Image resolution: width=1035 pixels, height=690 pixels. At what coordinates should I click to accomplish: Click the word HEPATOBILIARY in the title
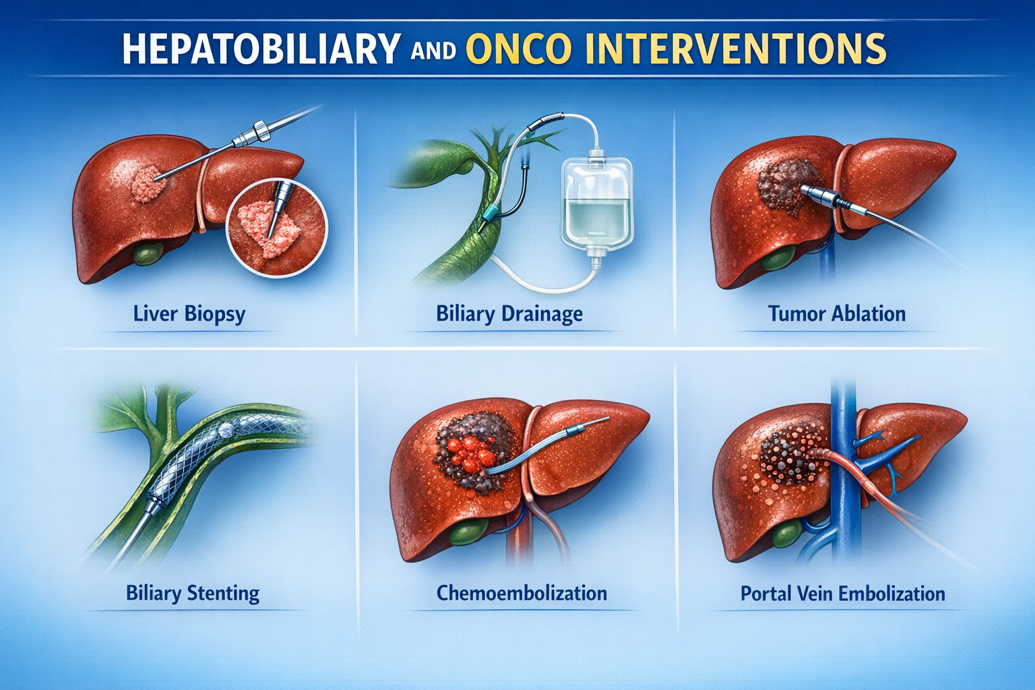(261, 48)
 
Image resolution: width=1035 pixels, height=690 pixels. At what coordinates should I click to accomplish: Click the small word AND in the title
(433, 51)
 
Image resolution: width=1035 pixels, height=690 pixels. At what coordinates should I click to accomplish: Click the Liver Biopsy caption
(189, 314)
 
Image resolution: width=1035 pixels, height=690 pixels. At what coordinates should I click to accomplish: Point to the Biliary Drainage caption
(509, 314)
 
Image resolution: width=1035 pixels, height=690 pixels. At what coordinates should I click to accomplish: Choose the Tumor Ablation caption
(837, 314)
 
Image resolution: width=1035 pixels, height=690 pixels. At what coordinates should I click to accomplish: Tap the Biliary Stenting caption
(193, 594)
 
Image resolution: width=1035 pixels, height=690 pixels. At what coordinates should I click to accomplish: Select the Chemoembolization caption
(522, 593)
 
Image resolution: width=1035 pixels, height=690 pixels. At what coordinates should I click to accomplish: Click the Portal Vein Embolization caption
(843, 594)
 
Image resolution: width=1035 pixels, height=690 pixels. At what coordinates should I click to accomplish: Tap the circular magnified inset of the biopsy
(277, 228)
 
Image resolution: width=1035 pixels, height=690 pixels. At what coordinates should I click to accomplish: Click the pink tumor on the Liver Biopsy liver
(149, 184)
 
